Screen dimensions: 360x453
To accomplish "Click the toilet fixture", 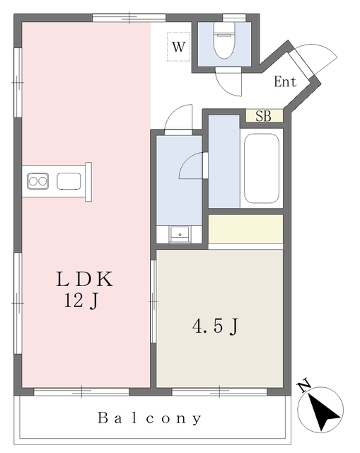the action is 224,40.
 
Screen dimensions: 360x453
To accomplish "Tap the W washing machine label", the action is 178,47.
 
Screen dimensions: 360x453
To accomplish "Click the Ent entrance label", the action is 285,81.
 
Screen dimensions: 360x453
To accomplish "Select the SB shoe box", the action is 264,116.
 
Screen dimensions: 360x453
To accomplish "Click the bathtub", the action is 262,168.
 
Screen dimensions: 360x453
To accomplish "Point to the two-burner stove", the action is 37,181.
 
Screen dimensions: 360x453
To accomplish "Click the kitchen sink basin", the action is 69,181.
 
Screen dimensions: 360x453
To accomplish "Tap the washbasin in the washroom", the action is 180,234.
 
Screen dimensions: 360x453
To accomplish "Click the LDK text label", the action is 84,279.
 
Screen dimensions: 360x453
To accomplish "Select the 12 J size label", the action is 81,301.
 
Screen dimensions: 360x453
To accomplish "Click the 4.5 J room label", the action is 216,326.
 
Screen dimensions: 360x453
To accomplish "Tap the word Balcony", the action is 149,418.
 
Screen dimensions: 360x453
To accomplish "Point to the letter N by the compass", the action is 303,386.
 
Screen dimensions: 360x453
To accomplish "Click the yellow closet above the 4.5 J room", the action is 245,229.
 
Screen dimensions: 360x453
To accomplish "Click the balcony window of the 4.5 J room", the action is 219,391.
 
